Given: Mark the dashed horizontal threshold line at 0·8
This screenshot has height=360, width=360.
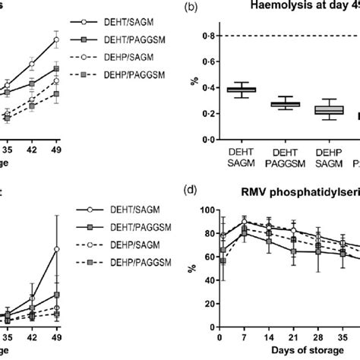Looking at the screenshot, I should (x=289, y=36).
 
